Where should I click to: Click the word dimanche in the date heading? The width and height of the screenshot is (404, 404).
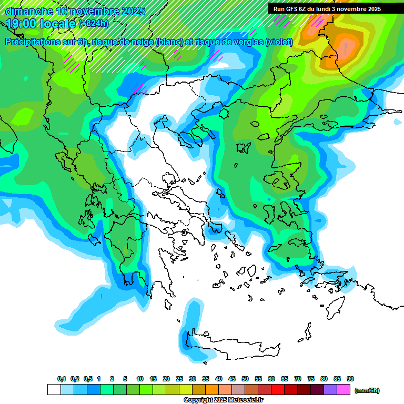pyautogui.click(x=29, y=11)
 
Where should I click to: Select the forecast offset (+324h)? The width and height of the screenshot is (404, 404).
pyautogui.click(x=94, y=24)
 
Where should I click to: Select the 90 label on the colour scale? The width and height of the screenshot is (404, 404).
pyautogui.click(x=350, y=379)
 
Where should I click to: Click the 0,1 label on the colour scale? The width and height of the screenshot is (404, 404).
pyautogui.click(x=62, y=379)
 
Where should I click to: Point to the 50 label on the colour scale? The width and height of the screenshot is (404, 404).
pyautogui.click(x=245, y=379)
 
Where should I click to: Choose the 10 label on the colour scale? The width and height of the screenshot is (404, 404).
pyautogui.click(x=140, y=379)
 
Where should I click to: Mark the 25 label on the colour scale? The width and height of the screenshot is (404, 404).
pyautogui.click(x=179, y=379)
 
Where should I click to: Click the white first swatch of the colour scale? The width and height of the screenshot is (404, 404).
pyautogui.click(x=54, y=389)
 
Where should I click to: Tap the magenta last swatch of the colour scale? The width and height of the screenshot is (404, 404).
pyautogui.click(x=343, y=389)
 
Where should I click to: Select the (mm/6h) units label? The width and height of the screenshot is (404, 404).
pyautogui.click(x=367, y=390)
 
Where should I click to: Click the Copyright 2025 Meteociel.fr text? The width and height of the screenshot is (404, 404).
pyautogui.click(x=223, y=400)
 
